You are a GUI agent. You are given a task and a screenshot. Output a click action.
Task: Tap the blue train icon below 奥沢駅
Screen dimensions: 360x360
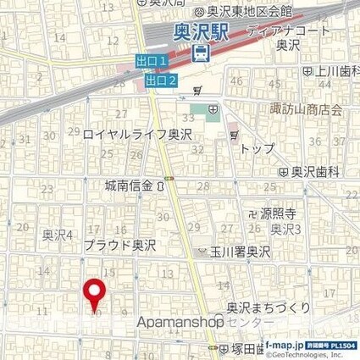pos(201,53)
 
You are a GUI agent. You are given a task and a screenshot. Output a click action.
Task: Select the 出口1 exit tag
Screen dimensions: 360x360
pos(152,63)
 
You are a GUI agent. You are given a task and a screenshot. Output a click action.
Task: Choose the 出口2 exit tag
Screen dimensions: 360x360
pos(160,80)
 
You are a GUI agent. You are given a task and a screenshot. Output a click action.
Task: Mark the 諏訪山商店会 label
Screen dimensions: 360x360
pos(313,109)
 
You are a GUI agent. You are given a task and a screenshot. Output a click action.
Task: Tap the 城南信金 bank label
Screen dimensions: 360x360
pos(136,186)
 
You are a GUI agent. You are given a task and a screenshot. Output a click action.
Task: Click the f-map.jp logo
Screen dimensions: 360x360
pos(285,346)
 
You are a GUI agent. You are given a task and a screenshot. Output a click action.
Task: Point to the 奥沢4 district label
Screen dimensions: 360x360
pos(59,234)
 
